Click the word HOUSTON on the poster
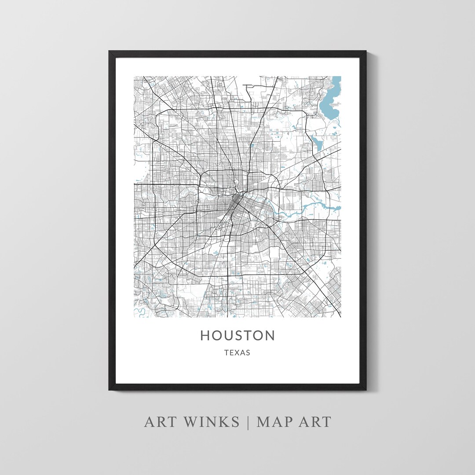(237, 336)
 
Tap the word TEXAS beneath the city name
(237, 353)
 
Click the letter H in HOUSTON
(205, 336)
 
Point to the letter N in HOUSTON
(269, 336)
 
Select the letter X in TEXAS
(237, 353)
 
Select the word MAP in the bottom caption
(276, 422)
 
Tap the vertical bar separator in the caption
(248, 422)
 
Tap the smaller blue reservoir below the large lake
(318, 142)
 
